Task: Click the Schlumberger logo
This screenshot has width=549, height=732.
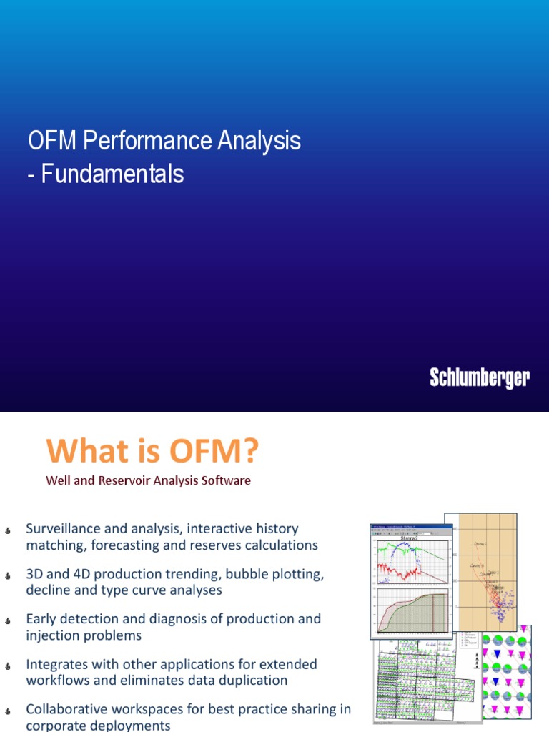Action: click(x=480, y=378)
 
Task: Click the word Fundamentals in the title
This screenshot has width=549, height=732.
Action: click(x=112, y=174)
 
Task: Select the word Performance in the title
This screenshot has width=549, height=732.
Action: click(x=143, y=141)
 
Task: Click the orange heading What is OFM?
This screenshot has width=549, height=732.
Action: click(x=152, y=451)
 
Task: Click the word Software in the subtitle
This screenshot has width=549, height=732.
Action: click(x=227, y=480)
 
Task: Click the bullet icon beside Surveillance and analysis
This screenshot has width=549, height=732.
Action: click(x=7, y=530)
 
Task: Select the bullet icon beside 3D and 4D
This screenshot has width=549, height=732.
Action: click(x=7, y=575)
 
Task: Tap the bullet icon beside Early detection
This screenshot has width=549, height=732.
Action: click(x=7, y=620)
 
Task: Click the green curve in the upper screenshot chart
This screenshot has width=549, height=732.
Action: click(x=390, y=550)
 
